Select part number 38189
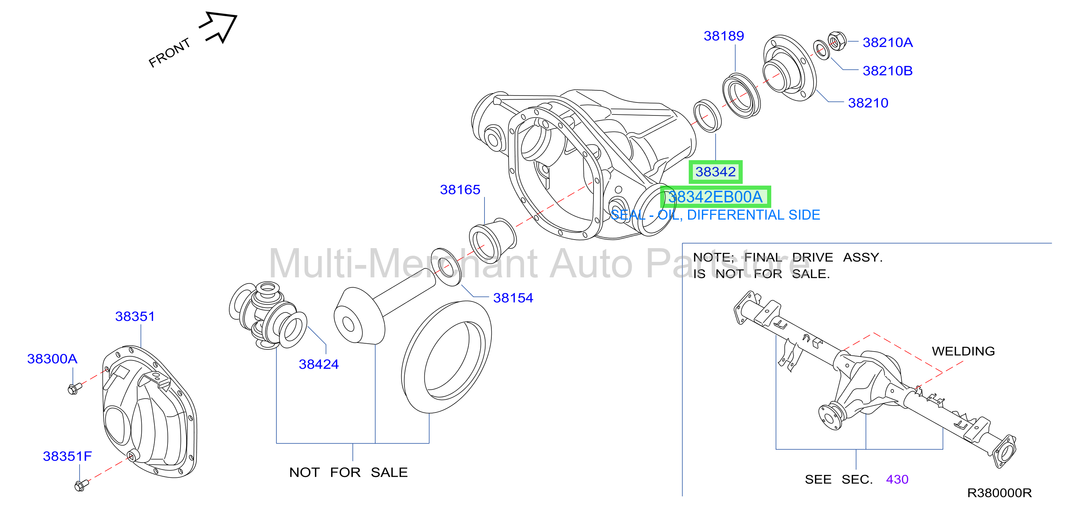724,36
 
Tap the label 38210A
887,42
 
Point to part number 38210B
887,71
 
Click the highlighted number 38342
716,172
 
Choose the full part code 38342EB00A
716,197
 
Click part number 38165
460,190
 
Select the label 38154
513,298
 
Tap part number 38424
319,364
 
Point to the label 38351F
67,456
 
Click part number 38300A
52,359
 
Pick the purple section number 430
897,479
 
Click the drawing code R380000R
1000,493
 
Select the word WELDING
963,351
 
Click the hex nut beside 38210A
837,41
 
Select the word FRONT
170,53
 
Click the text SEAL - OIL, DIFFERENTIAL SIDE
715,215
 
